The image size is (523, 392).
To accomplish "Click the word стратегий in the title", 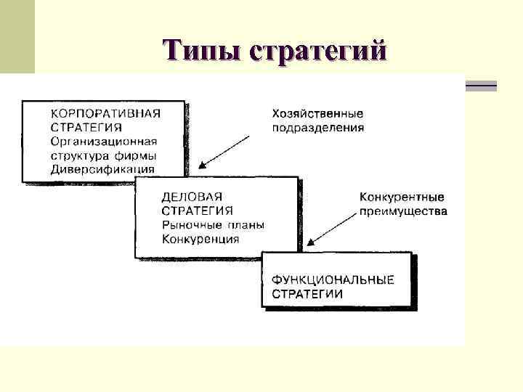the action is point(317,52).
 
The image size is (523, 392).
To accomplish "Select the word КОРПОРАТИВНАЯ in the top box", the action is point(105,113).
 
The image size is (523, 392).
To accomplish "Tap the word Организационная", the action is point(104,142).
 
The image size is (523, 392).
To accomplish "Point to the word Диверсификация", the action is point(102,170).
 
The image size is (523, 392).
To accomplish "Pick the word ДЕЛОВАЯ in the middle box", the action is point(191,197).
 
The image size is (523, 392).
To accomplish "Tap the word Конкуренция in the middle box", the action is point(200,239).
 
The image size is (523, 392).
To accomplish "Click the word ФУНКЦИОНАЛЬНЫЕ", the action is point(333,279).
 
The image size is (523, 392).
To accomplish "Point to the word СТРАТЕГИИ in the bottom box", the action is point(307,293).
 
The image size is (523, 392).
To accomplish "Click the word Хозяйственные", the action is point(317,114).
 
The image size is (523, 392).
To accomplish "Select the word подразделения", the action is point(317,128).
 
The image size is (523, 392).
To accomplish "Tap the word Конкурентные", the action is point(402,197).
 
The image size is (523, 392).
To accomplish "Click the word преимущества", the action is point(403,212).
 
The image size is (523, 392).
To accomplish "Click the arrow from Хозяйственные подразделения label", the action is point(229,150).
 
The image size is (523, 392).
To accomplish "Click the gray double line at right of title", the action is point(480,87).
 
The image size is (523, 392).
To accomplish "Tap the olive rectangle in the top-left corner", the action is point(17,36).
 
